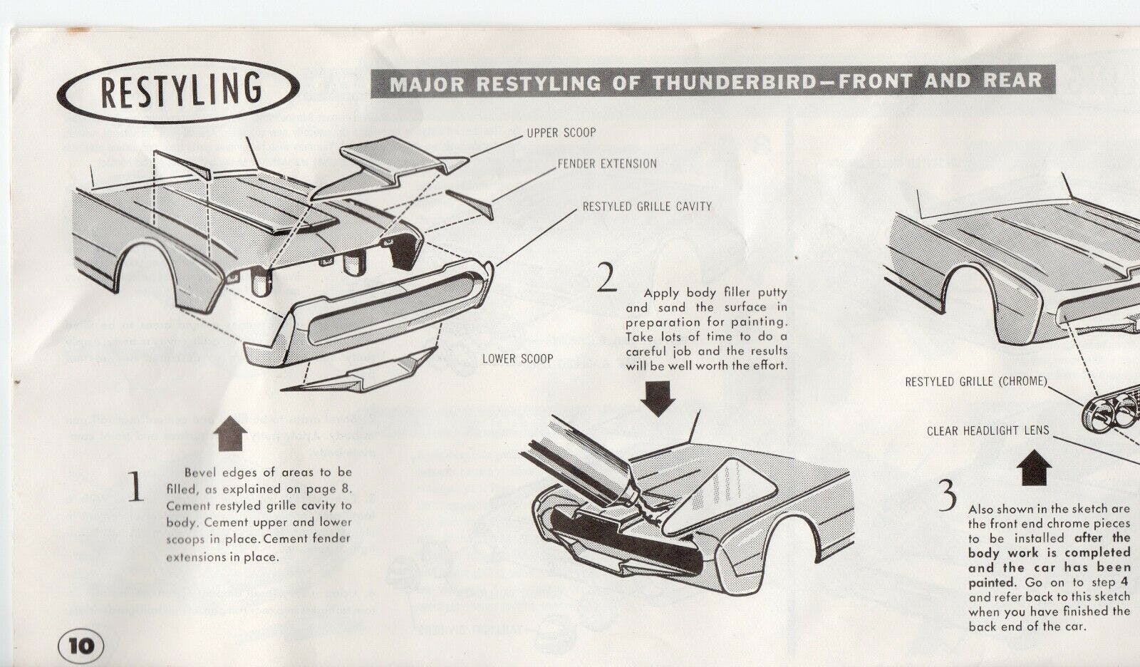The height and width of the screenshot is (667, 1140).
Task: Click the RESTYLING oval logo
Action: click(177, 91)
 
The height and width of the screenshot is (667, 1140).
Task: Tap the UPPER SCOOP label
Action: click(561, 133)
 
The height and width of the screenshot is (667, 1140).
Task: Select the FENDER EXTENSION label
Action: click(607, 164)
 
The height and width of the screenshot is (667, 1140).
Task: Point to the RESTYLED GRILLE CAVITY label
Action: click(647, 207)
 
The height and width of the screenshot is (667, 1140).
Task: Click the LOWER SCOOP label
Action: click(517, 358)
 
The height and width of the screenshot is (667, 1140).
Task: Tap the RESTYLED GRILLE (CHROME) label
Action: click(975, 382)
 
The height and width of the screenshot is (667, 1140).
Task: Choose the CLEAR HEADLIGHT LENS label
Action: click(988, 430)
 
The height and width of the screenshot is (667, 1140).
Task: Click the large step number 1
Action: click(135, 487)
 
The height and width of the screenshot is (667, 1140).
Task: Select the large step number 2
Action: click(606, 278)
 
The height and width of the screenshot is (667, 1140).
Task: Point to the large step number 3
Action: click(946, 496)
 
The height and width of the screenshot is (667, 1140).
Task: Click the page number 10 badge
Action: click(81, 646)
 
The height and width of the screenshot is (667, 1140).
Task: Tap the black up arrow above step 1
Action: click(229, 434)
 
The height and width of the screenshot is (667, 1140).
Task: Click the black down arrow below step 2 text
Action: click(657, 398)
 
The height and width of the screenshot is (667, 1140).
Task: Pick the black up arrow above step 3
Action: click(1033, 469)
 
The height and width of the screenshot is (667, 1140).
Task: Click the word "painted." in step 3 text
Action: click(989, 582)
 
